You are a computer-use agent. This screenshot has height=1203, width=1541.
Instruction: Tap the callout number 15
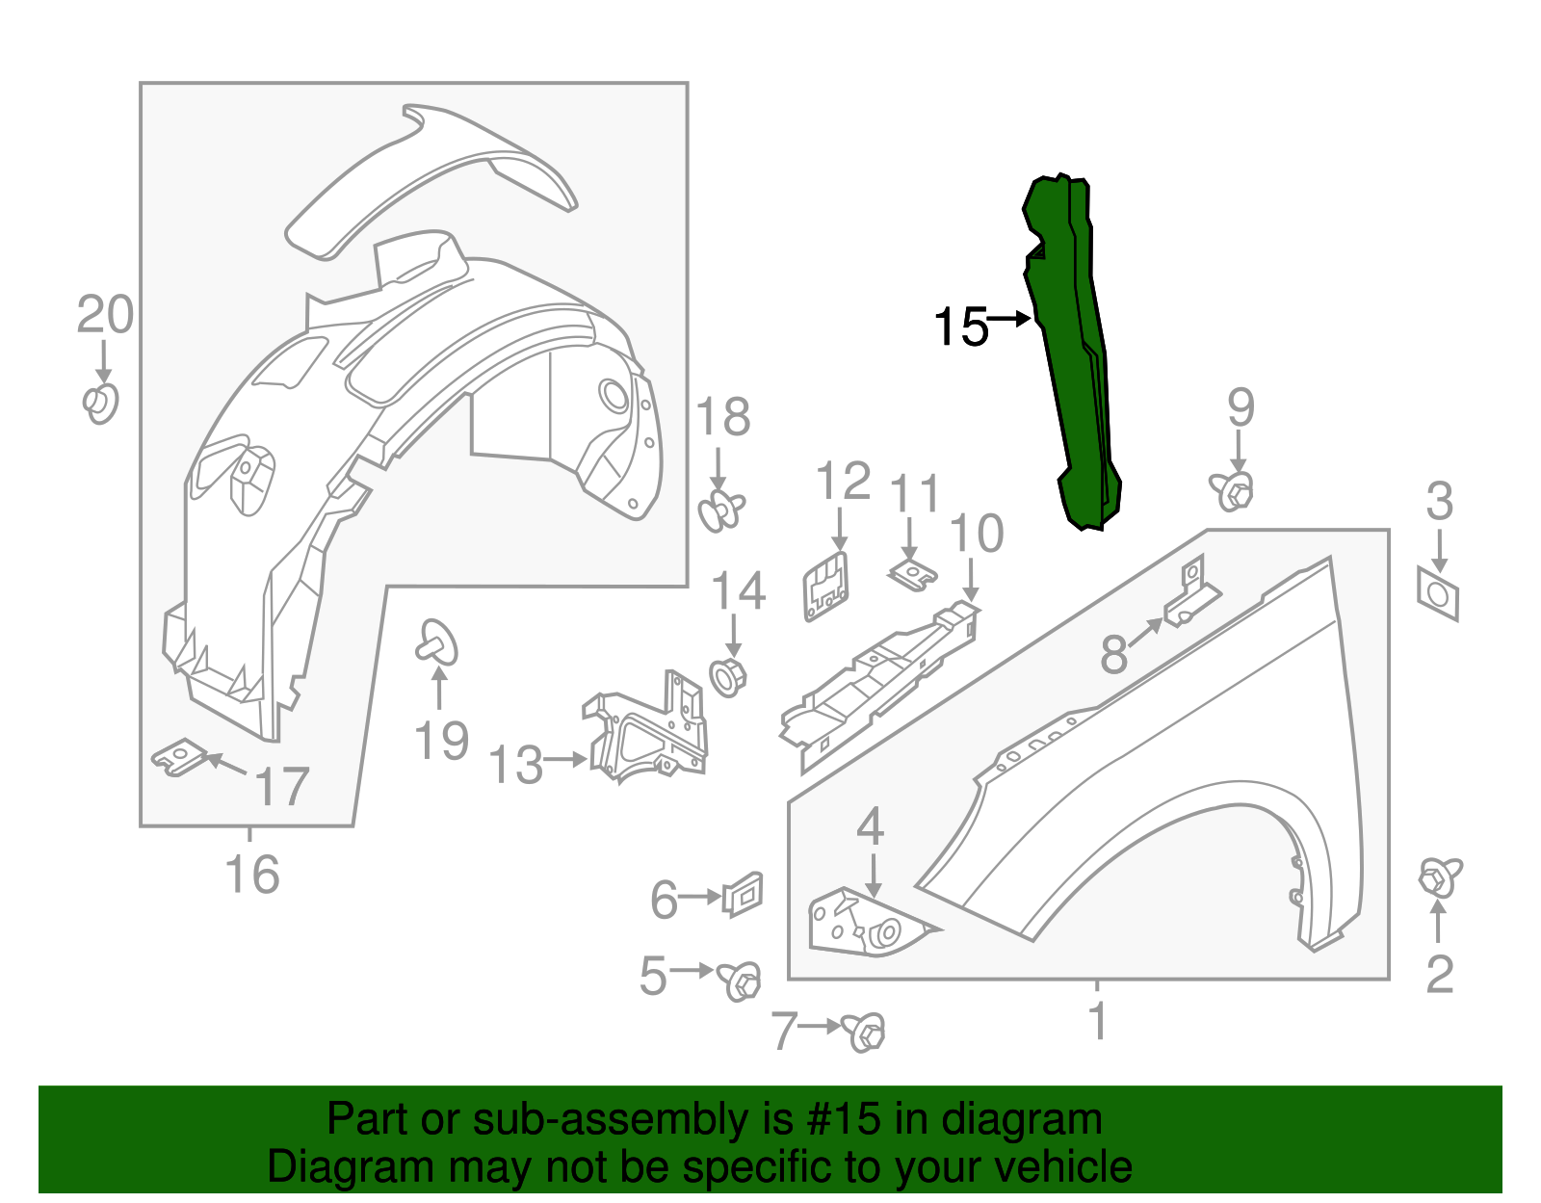pyautogui.click(x=960, y=327)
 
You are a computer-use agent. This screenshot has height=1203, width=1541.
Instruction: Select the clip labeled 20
pyautogui.click(x=100, y=404)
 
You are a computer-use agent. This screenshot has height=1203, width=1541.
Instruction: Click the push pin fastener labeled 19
pyautogui.click(x=437, y=642)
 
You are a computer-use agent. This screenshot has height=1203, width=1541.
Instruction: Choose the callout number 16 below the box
pyautogui.click(x=251, y=875)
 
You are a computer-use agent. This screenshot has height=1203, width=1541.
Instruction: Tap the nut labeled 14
pyautogui.click(x=728, y=676)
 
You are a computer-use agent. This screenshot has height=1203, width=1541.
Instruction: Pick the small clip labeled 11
pyautogui.click(x=911, y=575)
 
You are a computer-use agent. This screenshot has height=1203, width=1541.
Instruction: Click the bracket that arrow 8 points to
pyautogui.click(x=1192, y=596)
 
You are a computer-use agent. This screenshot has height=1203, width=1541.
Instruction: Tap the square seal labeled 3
pyautogui.click(x=1437, y=594)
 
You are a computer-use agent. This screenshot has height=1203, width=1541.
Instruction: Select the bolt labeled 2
pyautogui.click(x=1439, y=877)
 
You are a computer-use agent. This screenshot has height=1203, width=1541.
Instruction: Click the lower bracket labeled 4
pyautogui.click(x=862, y=923)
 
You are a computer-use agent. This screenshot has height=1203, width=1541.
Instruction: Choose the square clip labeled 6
pyautogui.click(x=743, y=896)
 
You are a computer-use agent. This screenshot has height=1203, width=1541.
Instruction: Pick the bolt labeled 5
pyautogui.click(x=739, y=981)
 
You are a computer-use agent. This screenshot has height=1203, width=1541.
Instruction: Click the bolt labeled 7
pyautogui.click(x=864, y=1032)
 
